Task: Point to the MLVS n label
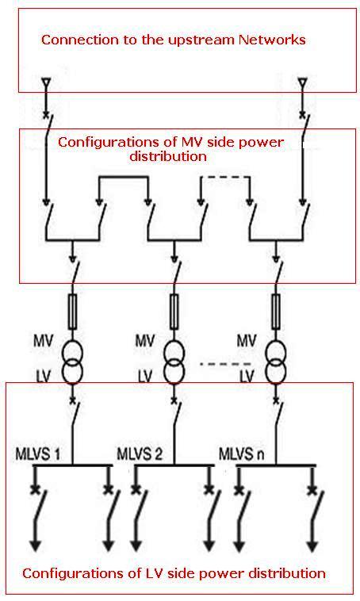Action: tap(243, 455)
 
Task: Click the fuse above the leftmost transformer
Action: tap(72, 310)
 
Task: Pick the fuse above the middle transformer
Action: tap(174, 310)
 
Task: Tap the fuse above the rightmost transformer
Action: tap(275, 310)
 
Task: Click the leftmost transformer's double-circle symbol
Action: tap(72, 360)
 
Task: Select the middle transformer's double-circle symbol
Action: tap(174, 360)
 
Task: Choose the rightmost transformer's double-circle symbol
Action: tap(275, 360)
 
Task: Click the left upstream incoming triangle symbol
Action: tap(46, 82)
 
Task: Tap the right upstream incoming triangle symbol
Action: tap(301, 82)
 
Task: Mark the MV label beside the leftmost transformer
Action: tap(42, 341)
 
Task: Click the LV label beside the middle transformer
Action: tap(144, 373)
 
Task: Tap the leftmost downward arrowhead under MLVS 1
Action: tap(35, 546)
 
